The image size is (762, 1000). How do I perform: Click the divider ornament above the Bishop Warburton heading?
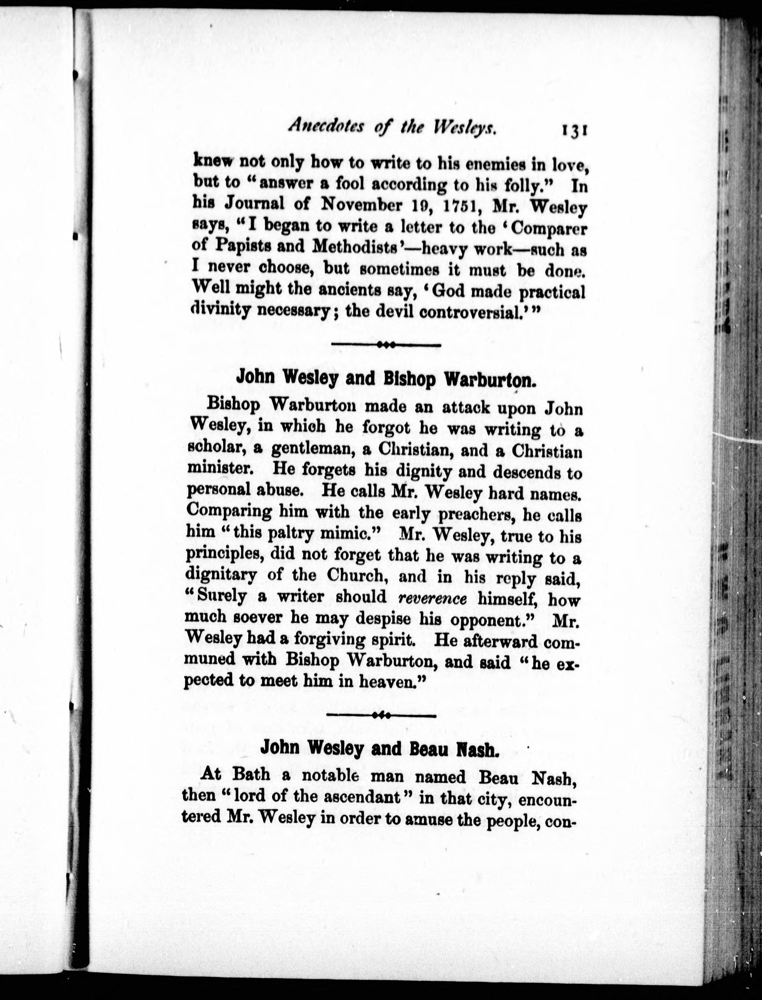[x=386, y=345]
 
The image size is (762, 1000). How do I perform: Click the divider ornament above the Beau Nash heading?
[x=381, y=716]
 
